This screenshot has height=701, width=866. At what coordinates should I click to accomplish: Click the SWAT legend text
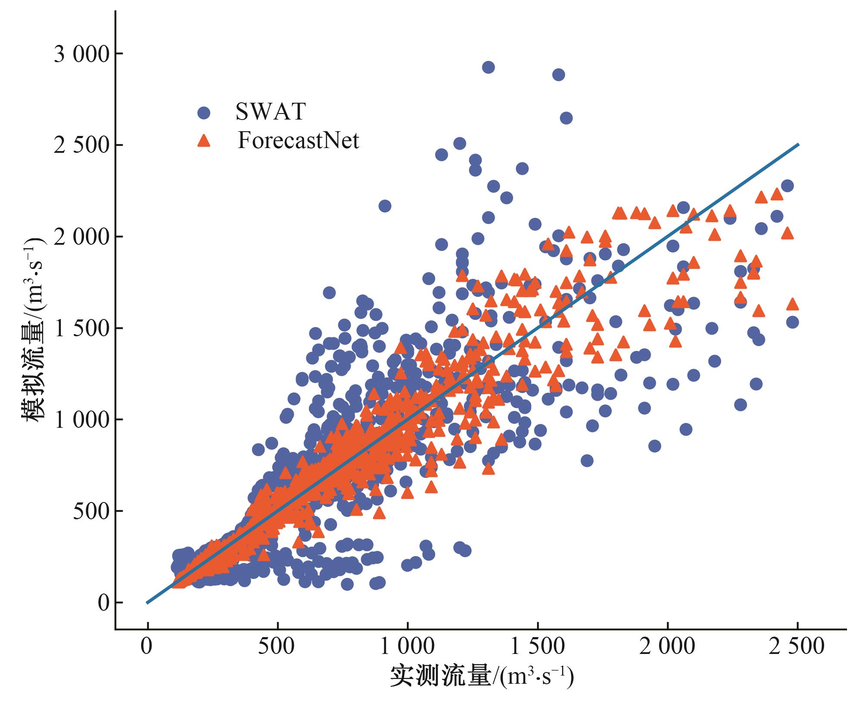[x=270, y=112]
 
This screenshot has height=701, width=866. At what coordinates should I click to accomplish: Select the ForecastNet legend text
[x=298, y=141]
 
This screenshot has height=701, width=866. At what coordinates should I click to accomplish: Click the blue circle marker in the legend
[x=204, y=113]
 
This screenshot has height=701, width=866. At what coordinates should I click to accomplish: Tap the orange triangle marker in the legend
[x=204, y=141]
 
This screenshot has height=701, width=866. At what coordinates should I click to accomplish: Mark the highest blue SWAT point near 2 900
[x=488, y=67]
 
